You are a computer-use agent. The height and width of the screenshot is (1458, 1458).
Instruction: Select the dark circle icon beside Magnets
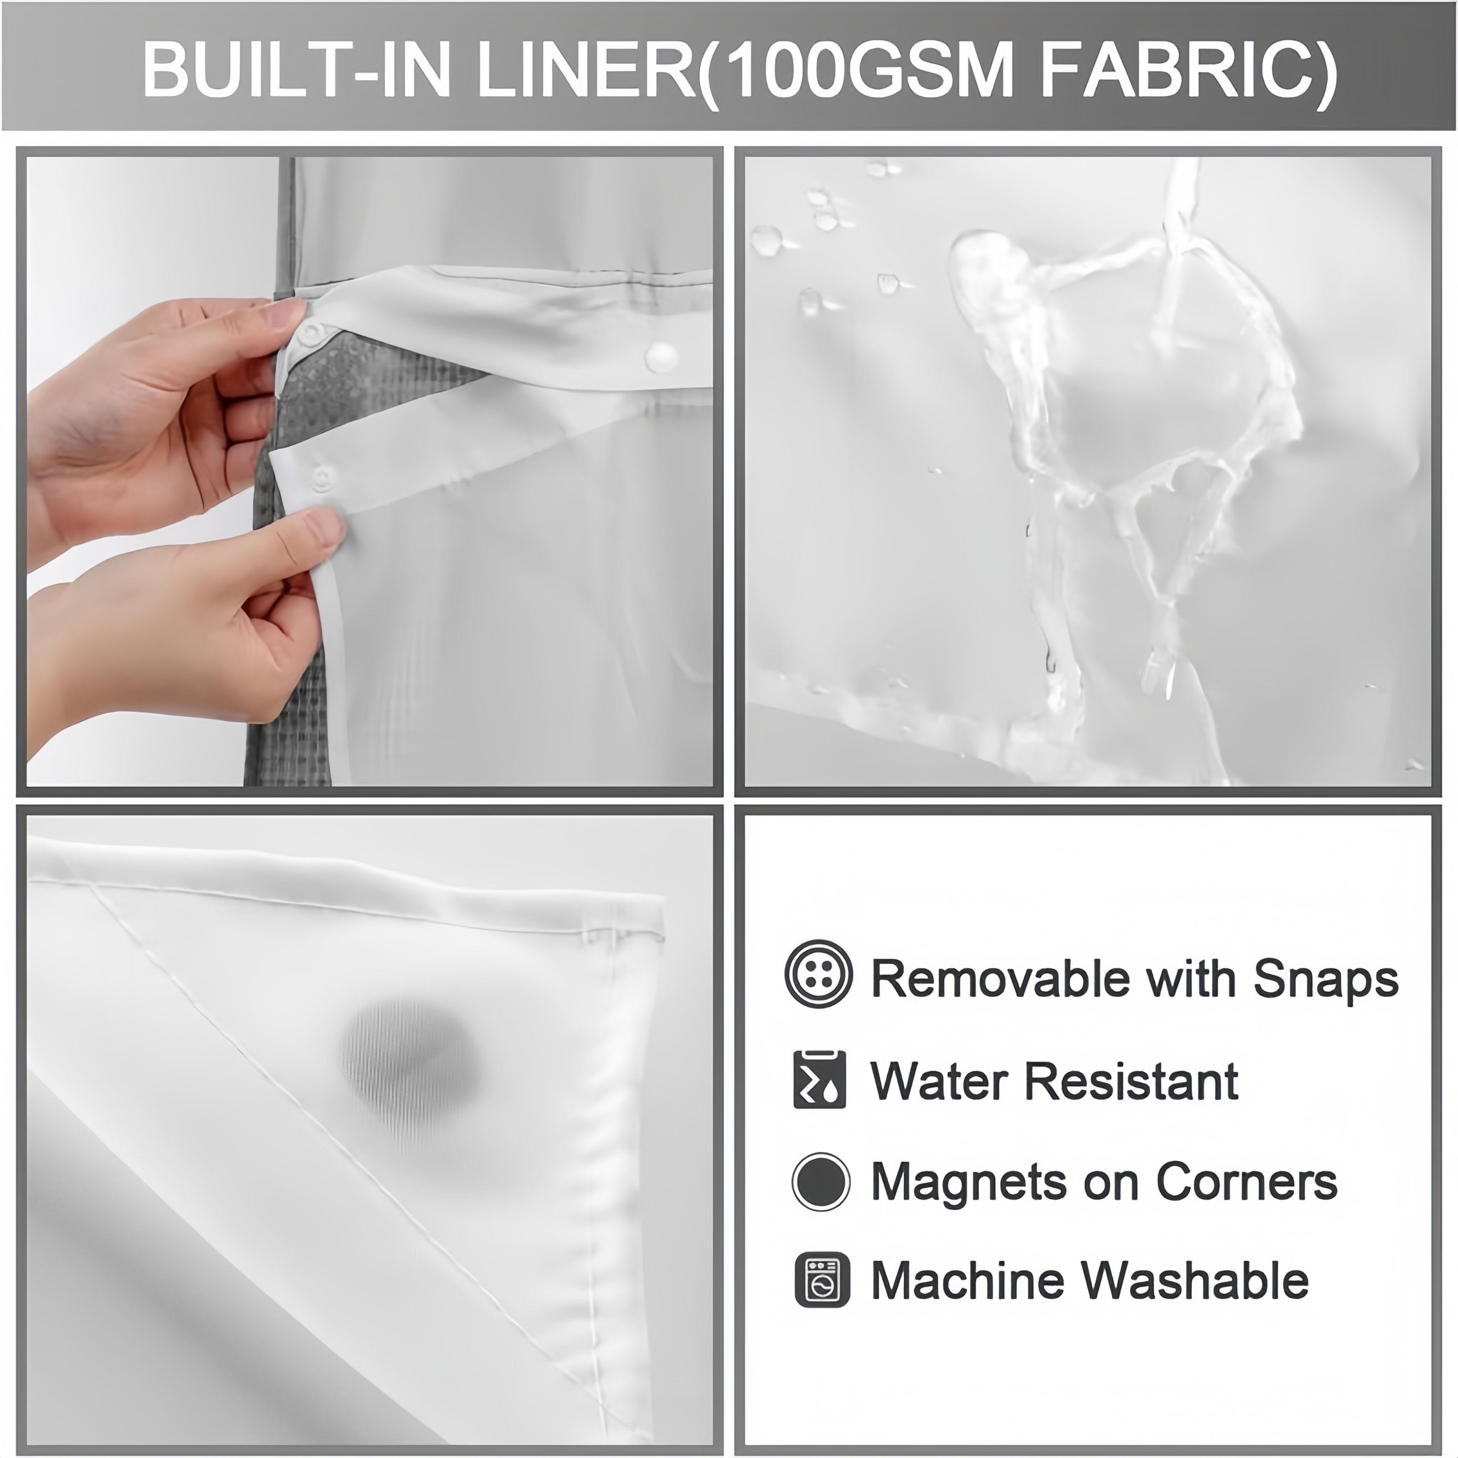coord(820,1182)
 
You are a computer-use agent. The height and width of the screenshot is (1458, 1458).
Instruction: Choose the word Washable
coord(1196,1281)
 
